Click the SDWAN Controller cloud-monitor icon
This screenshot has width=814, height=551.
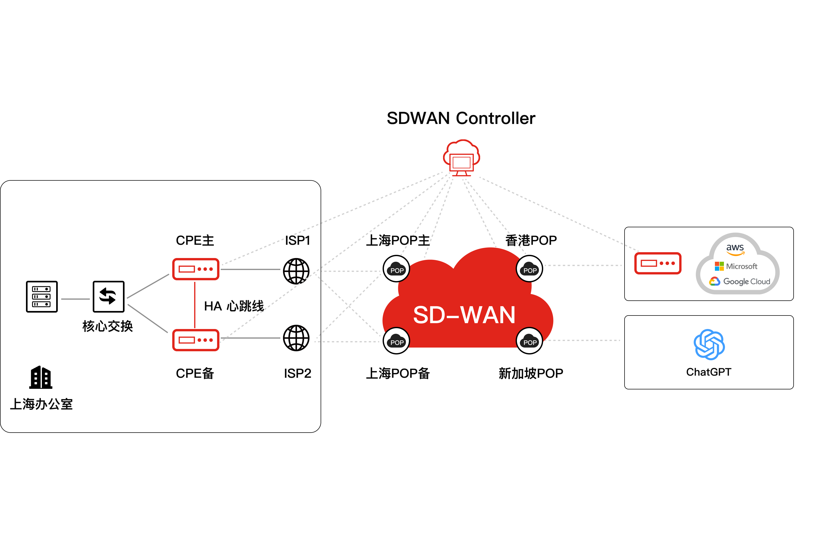461,158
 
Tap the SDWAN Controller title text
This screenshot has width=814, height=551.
461,118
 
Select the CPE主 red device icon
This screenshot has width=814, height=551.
196,269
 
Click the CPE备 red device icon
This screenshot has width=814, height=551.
196,340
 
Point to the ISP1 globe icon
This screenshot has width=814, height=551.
296,271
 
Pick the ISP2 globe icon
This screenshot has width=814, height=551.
296,338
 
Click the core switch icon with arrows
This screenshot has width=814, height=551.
109,296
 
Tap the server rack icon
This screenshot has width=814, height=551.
42,296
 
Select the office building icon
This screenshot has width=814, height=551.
41,377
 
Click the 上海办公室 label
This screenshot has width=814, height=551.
41,404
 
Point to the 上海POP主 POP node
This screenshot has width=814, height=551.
396,269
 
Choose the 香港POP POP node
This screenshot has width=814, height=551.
530,269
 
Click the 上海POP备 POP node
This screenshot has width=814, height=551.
396,341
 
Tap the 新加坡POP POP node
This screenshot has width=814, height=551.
530,341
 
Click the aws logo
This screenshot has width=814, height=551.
735,250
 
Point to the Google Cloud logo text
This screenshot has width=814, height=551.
747,281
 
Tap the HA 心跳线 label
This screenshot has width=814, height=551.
234,306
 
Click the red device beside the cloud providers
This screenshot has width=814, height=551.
658,263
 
